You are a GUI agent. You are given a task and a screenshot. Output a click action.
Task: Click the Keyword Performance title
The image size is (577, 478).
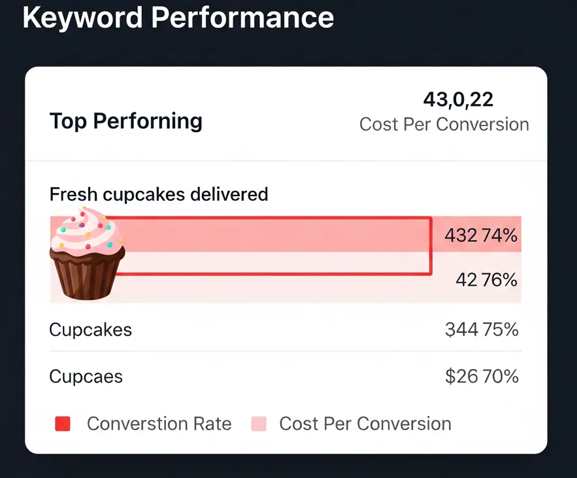178,18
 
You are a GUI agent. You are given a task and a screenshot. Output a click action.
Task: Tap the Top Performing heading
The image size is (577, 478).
126,121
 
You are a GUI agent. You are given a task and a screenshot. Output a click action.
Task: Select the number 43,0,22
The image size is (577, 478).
458,99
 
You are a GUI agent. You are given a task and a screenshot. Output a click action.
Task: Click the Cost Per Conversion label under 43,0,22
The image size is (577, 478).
444,124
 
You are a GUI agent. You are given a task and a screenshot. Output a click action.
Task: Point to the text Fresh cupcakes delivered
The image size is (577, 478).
159,194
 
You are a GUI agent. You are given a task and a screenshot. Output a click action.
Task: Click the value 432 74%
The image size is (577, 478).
481,235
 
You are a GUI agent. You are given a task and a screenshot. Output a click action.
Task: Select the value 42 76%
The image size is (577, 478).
486,280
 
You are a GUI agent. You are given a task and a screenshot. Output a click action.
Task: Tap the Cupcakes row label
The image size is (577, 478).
91,330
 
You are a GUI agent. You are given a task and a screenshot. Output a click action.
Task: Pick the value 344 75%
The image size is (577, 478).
482,330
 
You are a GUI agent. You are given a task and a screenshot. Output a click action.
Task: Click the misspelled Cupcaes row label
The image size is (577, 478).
86,377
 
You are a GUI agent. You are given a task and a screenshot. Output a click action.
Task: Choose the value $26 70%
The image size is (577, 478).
482,377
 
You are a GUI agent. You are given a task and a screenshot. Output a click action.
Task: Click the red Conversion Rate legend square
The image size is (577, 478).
63,424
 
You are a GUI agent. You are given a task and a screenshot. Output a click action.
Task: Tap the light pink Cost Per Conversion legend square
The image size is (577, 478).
259,424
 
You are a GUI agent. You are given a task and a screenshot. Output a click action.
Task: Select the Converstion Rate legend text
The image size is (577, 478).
159,424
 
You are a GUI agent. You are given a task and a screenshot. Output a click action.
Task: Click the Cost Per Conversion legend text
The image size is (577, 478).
365,424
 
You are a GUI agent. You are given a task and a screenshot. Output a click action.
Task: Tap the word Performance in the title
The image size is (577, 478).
242,18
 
